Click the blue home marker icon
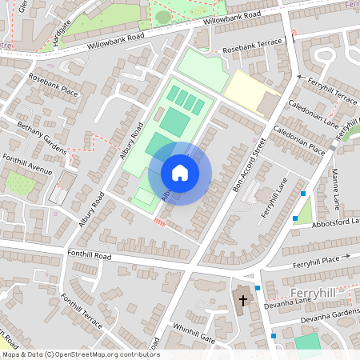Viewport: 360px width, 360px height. click(x=180, y=173)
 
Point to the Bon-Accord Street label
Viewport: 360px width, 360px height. click(x=248, y=166)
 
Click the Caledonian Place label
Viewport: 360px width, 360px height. click(x=298, y=139)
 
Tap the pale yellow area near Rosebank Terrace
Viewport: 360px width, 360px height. click(x=250, y=90)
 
